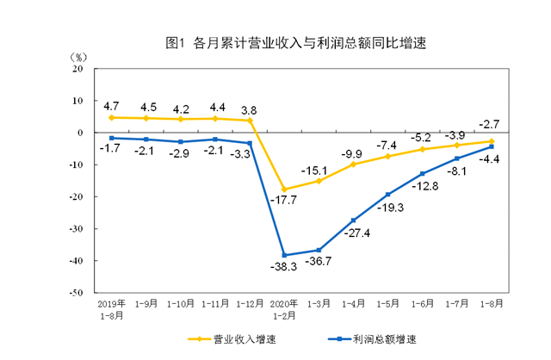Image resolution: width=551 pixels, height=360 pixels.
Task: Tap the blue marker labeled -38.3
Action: (285, 255)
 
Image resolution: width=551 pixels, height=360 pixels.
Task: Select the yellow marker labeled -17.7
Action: (285, 189)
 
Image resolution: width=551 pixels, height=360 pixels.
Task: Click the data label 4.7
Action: (111, 106)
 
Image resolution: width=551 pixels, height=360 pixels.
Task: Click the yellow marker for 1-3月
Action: (319, 181)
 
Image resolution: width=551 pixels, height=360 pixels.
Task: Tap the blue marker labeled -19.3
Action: (387, 194)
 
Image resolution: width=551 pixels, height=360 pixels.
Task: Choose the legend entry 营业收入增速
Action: (225, 339)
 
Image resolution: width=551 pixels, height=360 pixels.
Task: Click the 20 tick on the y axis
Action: (77, 69)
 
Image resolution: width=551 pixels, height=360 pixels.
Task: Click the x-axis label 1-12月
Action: (250, 304)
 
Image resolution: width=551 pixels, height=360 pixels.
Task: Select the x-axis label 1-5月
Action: (387, 304)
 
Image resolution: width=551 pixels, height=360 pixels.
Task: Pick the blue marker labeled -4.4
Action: (491, 146)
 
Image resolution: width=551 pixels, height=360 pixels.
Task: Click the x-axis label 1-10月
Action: (180, 304)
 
